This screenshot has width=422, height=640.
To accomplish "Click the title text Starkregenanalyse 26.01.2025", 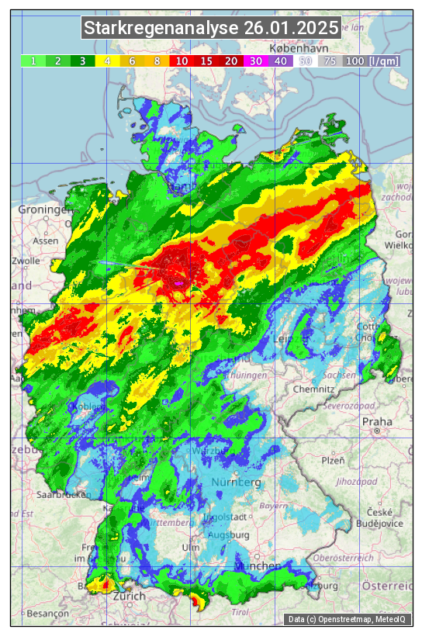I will tap(211, 29).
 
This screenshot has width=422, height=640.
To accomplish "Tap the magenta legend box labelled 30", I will tap(255, 61).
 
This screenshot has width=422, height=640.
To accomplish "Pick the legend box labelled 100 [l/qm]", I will tap(372, 61).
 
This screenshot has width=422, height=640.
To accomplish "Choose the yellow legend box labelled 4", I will tap(108, 61).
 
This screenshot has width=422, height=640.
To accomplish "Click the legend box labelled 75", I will tap(330, 61).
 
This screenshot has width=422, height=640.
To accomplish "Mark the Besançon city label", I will tap(47, 613).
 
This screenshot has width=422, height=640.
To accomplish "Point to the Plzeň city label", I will tap(333, 460).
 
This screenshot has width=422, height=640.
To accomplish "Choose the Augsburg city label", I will tap(228, 534).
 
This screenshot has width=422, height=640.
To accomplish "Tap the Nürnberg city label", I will tap(236, 483).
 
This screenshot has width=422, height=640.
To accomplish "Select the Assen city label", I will tap(46, 240).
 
